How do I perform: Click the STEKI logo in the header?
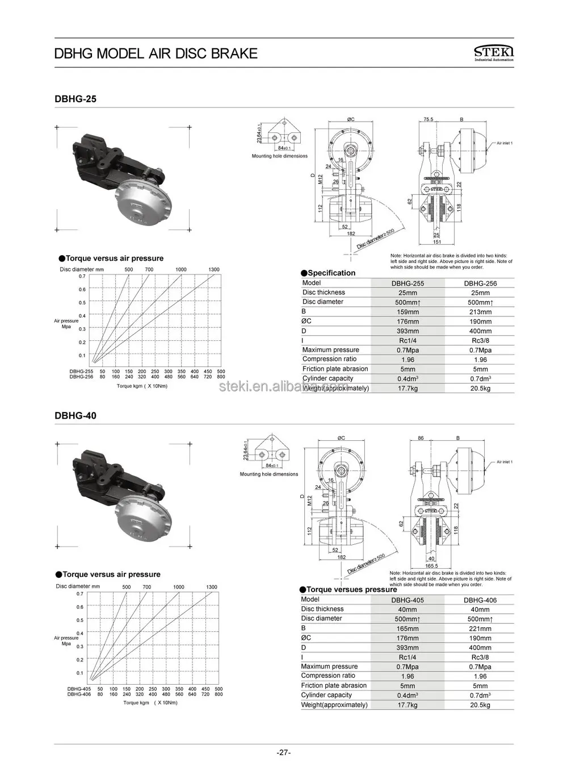coord(493,53)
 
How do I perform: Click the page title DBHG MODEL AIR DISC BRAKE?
coord(156,53)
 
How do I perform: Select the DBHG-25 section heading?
coord(75,99)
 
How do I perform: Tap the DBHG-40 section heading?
coord(75,415)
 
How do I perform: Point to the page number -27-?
coord(283,753)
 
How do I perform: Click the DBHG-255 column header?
coord(408,283)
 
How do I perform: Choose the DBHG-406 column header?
coord(480,599)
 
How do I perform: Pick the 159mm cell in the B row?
coord(408,312)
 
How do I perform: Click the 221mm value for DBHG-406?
coord(480,628)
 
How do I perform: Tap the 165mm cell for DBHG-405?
coord(408,628)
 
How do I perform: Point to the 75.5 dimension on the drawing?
coord(428,120)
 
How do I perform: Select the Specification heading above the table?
coord(331,273)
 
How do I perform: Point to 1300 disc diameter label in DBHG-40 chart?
coord(211,587)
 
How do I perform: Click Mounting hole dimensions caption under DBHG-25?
coord(280,156)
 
